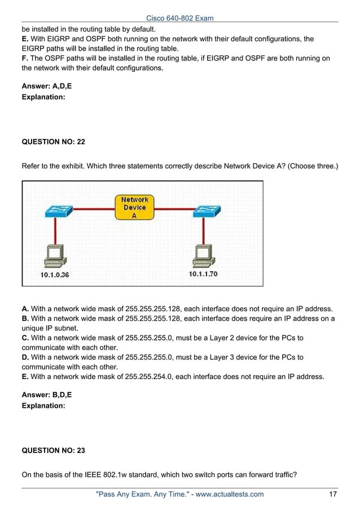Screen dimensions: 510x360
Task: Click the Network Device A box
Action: click(x=134, y=207)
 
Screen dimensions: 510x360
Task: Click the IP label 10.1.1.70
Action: click(x=203, y=274)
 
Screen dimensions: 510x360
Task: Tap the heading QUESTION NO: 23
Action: click(x=57, y=451)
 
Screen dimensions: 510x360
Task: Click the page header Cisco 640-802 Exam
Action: click(x=180, y=18)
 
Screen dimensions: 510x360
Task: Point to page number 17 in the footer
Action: click(x=333, y=495)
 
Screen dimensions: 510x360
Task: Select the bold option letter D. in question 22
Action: click(x=25, y=357)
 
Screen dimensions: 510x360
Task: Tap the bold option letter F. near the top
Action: click(x=24, y=58)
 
